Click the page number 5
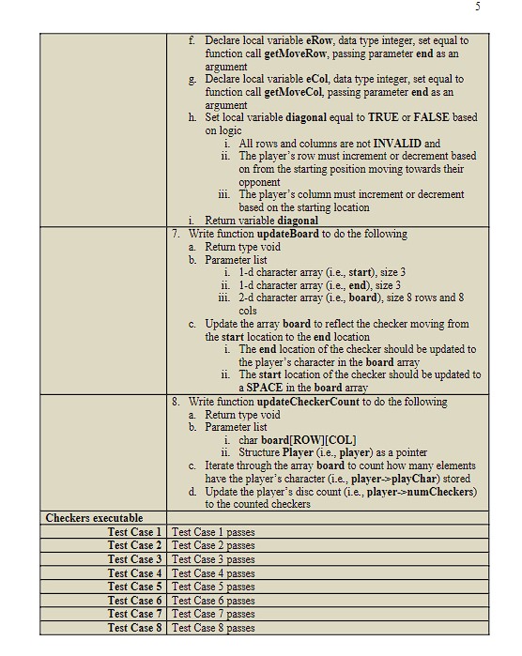[x=477, y=7]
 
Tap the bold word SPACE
[x=265, y=388]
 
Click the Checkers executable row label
[x=94, y=517]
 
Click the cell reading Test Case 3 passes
[x=213, y=559]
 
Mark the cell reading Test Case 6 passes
[x=213, y=601]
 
